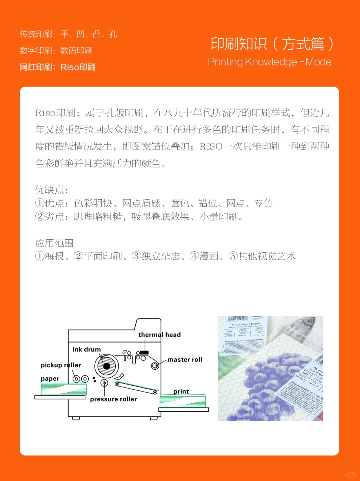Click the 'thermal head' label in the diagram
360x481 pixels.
[x=159, y=335]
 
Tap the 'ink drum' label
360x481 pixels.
[x=86, y=349]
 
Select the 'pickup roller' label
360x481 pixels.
[x=61, y=365]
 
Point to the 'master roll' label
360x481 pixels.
[x=185, y=360]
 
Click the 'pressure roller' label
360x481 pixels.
[x=113, y=399]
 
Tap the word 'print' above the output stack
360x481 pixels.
[x=181, y=391]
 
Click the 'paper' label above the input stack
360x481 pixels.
[x=50, y=379]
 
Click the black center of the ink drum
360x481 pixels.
[x=107, y=366]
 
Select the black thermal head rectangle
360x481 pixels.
[x=144, y=352]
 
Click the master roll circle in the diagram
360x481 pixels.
[x=155, y=366]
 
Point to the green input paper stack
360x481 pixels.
[x=64, y=389]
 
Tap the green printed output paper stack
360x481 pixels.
[x=183, y=401]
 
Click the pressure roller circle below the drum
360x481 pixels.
[x=104, y=383]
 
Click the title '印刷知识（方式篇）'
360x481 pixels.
[x=272, y=44]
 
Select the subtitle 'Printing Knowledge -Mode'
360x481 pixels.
[x=270, y=62]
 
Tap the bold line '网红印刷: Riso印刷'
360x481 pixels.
[x=57, y=67]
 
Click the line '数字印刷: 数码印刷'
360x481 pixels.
[x=56, y=51]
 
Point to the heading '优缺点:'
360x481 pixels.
[x=52, y=190]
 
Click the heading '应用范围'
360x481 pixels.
[x=54, y=243]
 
